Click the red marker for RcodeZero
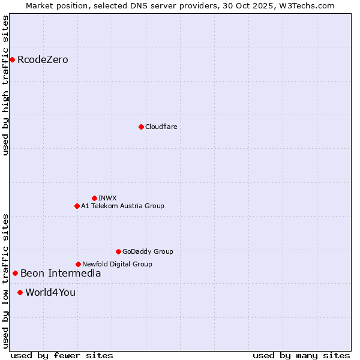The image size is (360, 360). [x=12, y=59]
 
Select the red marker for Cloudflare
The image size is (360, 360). [x=141, y=127]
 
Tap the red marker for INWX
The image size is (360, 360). [x=94, y=198]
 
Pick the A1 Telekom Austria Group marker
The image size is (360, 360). [x=77, y=206]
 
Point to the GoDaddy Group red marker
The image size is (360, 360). [x=118, y=251]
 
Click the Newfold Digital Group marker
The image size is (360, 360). [x=78, y=264]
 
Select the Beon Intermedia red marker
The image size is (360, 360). [x=15, y=273]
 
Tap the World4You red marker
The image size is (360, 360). [x=20, y=292]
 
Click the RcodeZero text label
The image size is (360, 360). [x=43, y=59]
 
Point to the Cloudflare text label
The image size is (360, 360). [x=161, y=127]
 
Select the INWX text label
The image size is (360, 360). [x=107, y=198]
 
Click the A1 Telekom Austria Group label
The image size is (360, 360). [x=122, y=206]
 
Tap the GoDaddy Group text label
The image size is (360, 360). [x=148, y=251]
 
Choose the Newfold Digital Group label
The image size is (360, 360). [x=117, y=264]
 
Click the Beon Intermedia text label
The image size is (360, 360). [x=61, y=273]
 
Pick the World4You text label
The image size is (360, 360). [x=50, y=292]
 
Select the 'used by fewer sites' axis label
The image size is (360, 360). [x=62, y=355]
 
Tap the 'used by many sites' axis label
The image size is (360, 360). [x=301, y=355]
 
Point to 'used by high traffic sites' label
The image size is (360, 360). [x=5, y=85]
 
